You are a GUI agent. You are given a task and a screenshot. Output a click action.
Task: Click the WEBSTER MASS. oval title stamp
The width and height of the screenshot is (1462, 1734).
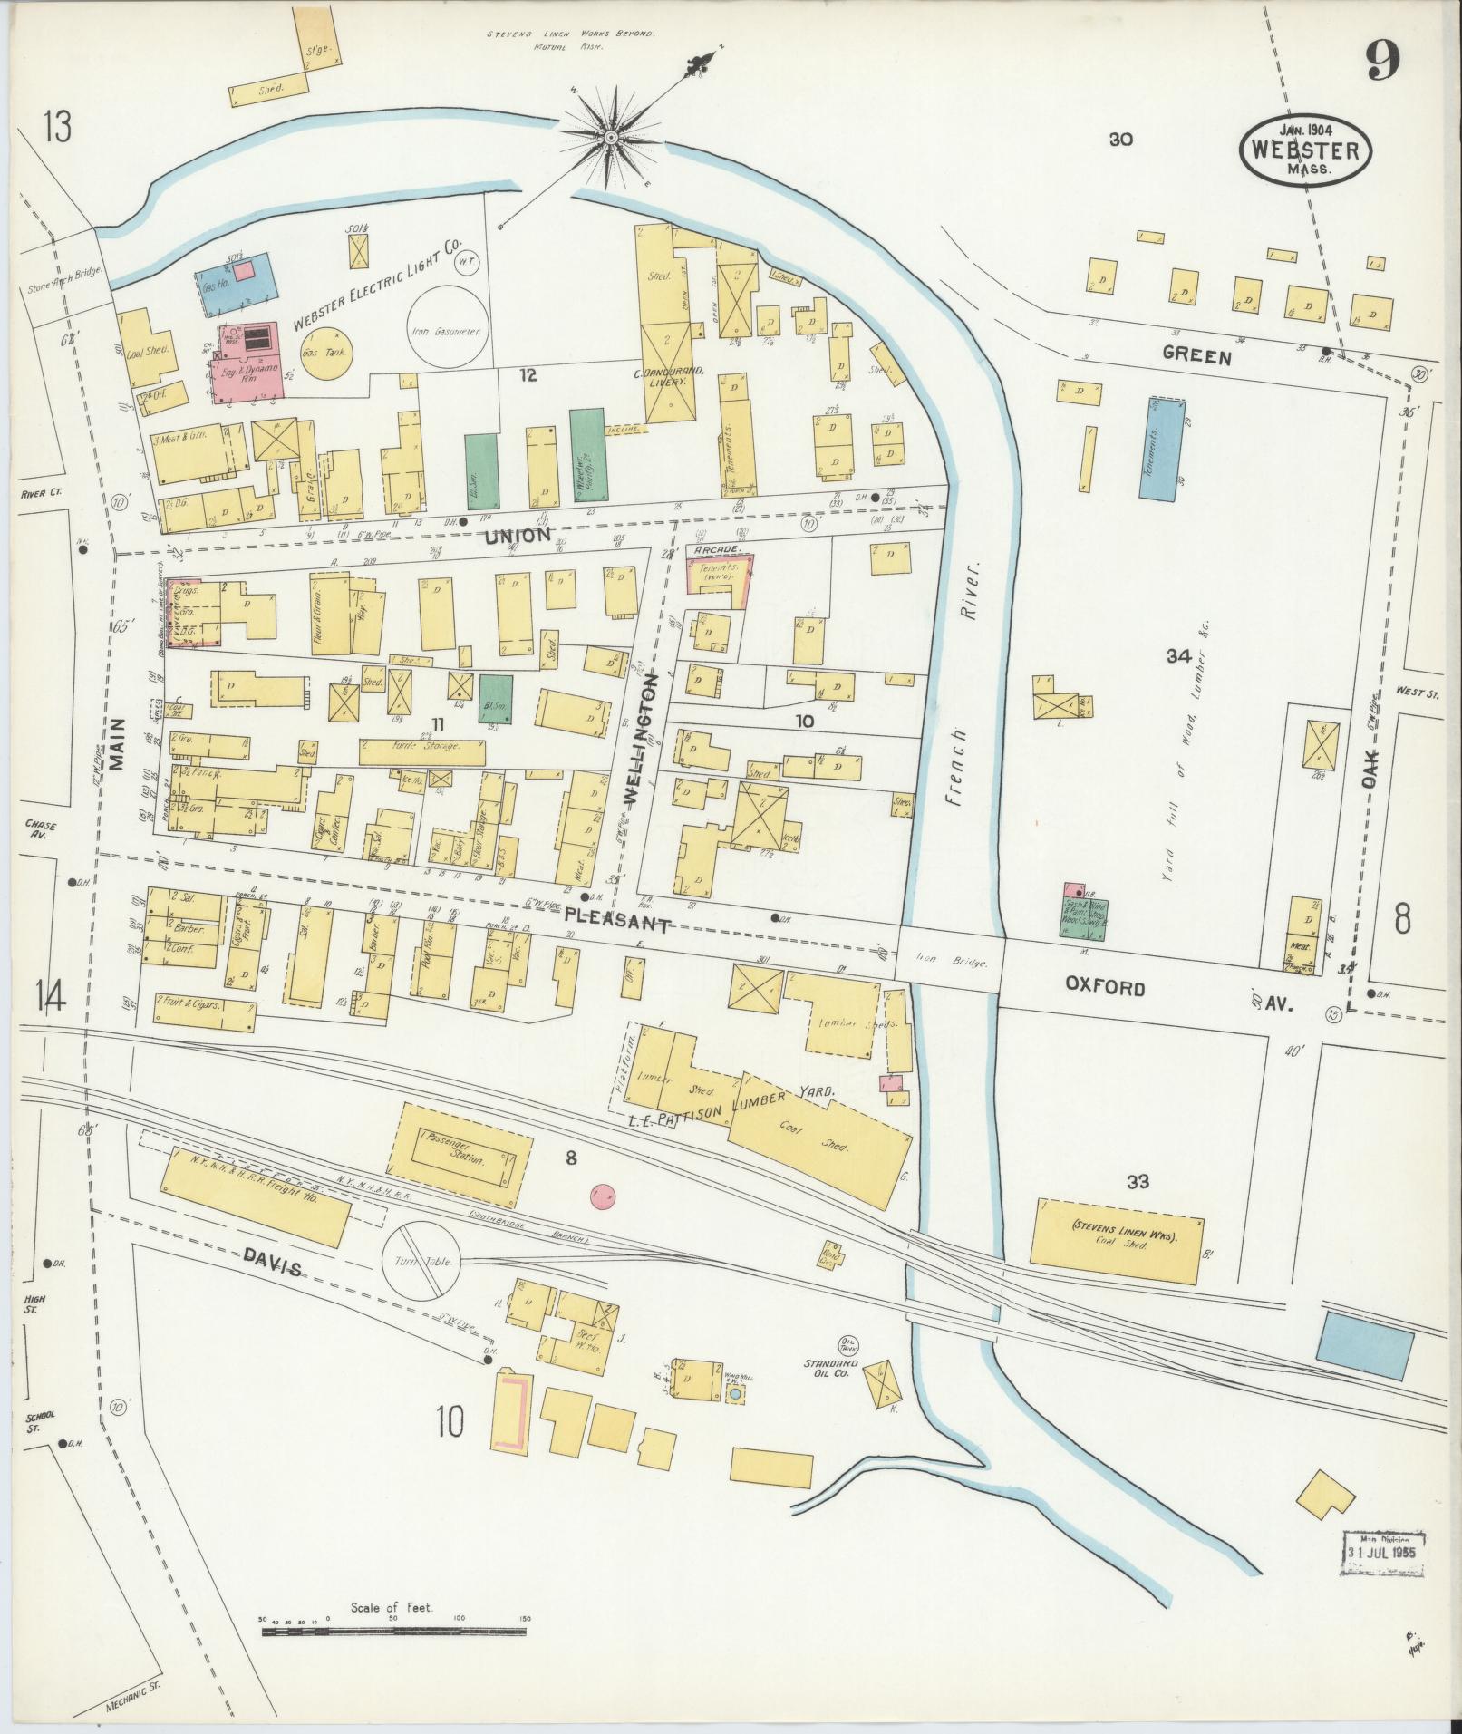(1305, 150)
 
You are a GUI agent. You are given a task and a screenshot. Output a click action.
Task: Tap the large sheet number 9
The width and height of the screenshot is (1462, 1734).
(1382, 61)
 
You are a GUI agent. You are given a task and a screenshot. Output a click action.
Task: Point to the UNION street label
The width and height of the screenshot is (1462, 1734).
(518, 536)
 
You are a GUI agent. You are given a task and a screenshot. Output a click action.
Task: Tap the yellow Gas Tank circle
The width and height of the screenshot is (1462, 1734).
(326, 353)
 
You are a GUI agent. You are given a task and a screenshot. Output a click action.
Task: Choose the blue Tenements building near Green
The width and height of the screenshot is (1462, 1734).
(1163, 449)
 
